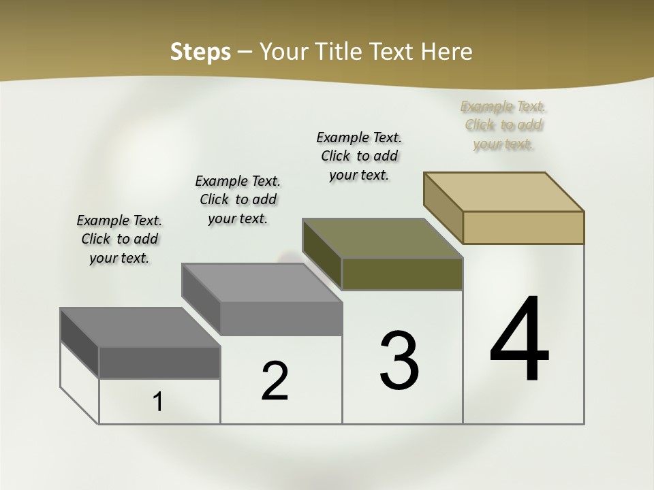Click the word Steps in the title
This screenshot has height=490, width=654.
point(200,52)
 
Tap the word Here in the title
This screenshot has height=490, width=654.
point(447,52)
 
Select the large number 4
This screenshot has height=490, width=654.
point(519,340)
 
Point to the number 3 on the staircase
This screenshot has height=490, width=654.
point(399,360)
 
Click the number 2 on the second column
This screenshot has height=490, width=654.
point(275,381)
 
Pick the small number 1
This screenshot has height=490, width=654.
point(158,402)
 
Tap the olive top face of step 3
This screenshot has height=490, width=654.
point(383,238)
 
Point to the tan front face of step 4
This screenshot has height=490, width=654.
point(523,227)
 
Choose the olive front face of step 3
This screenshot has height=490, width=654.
point(402,274)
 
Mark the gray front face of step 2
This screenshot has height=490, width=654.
point(281,318)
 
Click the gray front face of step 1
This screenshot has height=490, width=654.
point(159,363)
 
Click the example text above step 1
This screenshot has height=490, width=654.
point(119,239)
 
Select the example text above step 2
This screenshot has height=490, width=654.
point(238,199)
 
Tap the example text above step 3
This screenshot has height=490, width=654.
point(359,156)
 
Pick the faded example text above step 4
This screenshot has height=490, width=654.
point(503,125)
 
